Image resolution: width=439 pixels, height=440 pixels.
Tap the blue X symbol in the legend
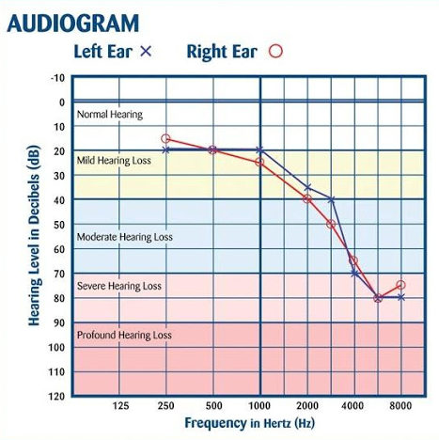146,52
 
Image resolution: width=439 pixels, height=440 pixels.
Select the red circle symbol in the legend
275,52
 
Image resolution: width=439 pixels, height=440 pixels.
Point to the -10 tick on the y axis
58,78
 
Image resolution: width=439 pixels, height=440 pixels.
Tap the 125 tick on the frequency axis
119,406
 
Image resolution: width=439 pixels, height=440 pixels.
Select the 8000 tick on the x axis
401,406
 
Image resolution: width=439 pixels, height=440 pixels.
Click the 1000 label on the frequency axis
259,406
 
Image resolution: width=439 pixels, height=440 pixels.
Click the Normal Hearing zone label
109,115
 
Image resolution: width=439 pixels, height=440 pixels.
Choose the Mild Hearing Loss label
114,161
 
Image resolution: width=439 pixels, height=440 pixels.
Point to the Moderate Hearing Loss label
124,237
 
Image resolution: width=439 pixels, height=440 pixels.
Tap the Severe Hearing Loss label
118,286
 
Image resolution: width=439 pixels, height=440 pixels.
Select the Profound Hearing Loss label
123,335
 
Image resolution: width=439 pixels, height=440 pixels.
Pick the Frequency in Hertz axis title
249,424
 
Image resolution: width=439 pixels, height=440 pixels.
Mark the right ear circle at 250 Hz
165,139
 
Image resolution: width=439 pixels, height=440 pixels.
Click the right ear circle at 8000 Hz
400,285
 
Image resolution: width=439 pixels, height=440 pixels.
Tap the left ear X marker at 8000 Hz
400,297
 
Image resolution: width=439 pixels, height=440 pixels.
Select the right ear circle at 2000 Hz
306,199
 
